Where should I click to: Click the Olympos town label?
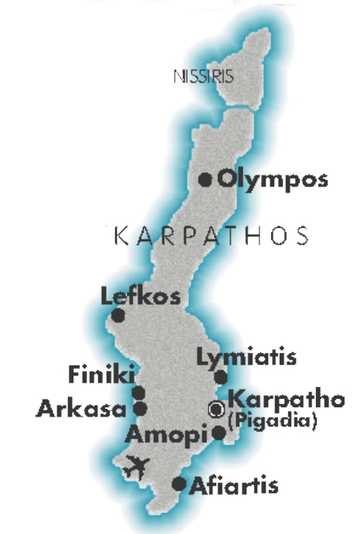tap(273, 180)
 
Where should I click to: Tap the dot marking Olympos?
tap(205, 180)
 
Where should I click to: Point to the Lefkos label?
tap(141, 296)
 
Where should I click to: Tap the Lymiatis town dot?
tap(221, 377)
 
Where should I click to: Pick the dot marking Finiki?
tap(140, 393)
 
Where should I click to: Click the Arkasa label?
tap(81, 408)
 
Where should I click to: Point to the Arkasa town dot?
tap(141, 407)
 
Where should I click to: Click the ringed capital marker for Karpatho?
tap(218, 408)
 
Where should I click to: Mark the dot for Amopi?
tap(219, 433)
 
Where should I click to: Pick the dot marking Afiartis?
tap(179, 485)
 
